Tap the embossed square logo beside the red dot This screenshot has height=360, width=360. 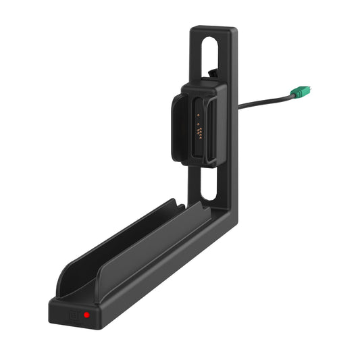(73, 313)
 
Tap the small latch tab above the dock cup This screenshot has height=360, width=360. (212, 72)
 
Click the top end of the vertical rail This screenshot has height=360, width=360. (213, 30)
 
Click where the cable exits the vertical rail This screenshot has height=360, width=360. (238, 107)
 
